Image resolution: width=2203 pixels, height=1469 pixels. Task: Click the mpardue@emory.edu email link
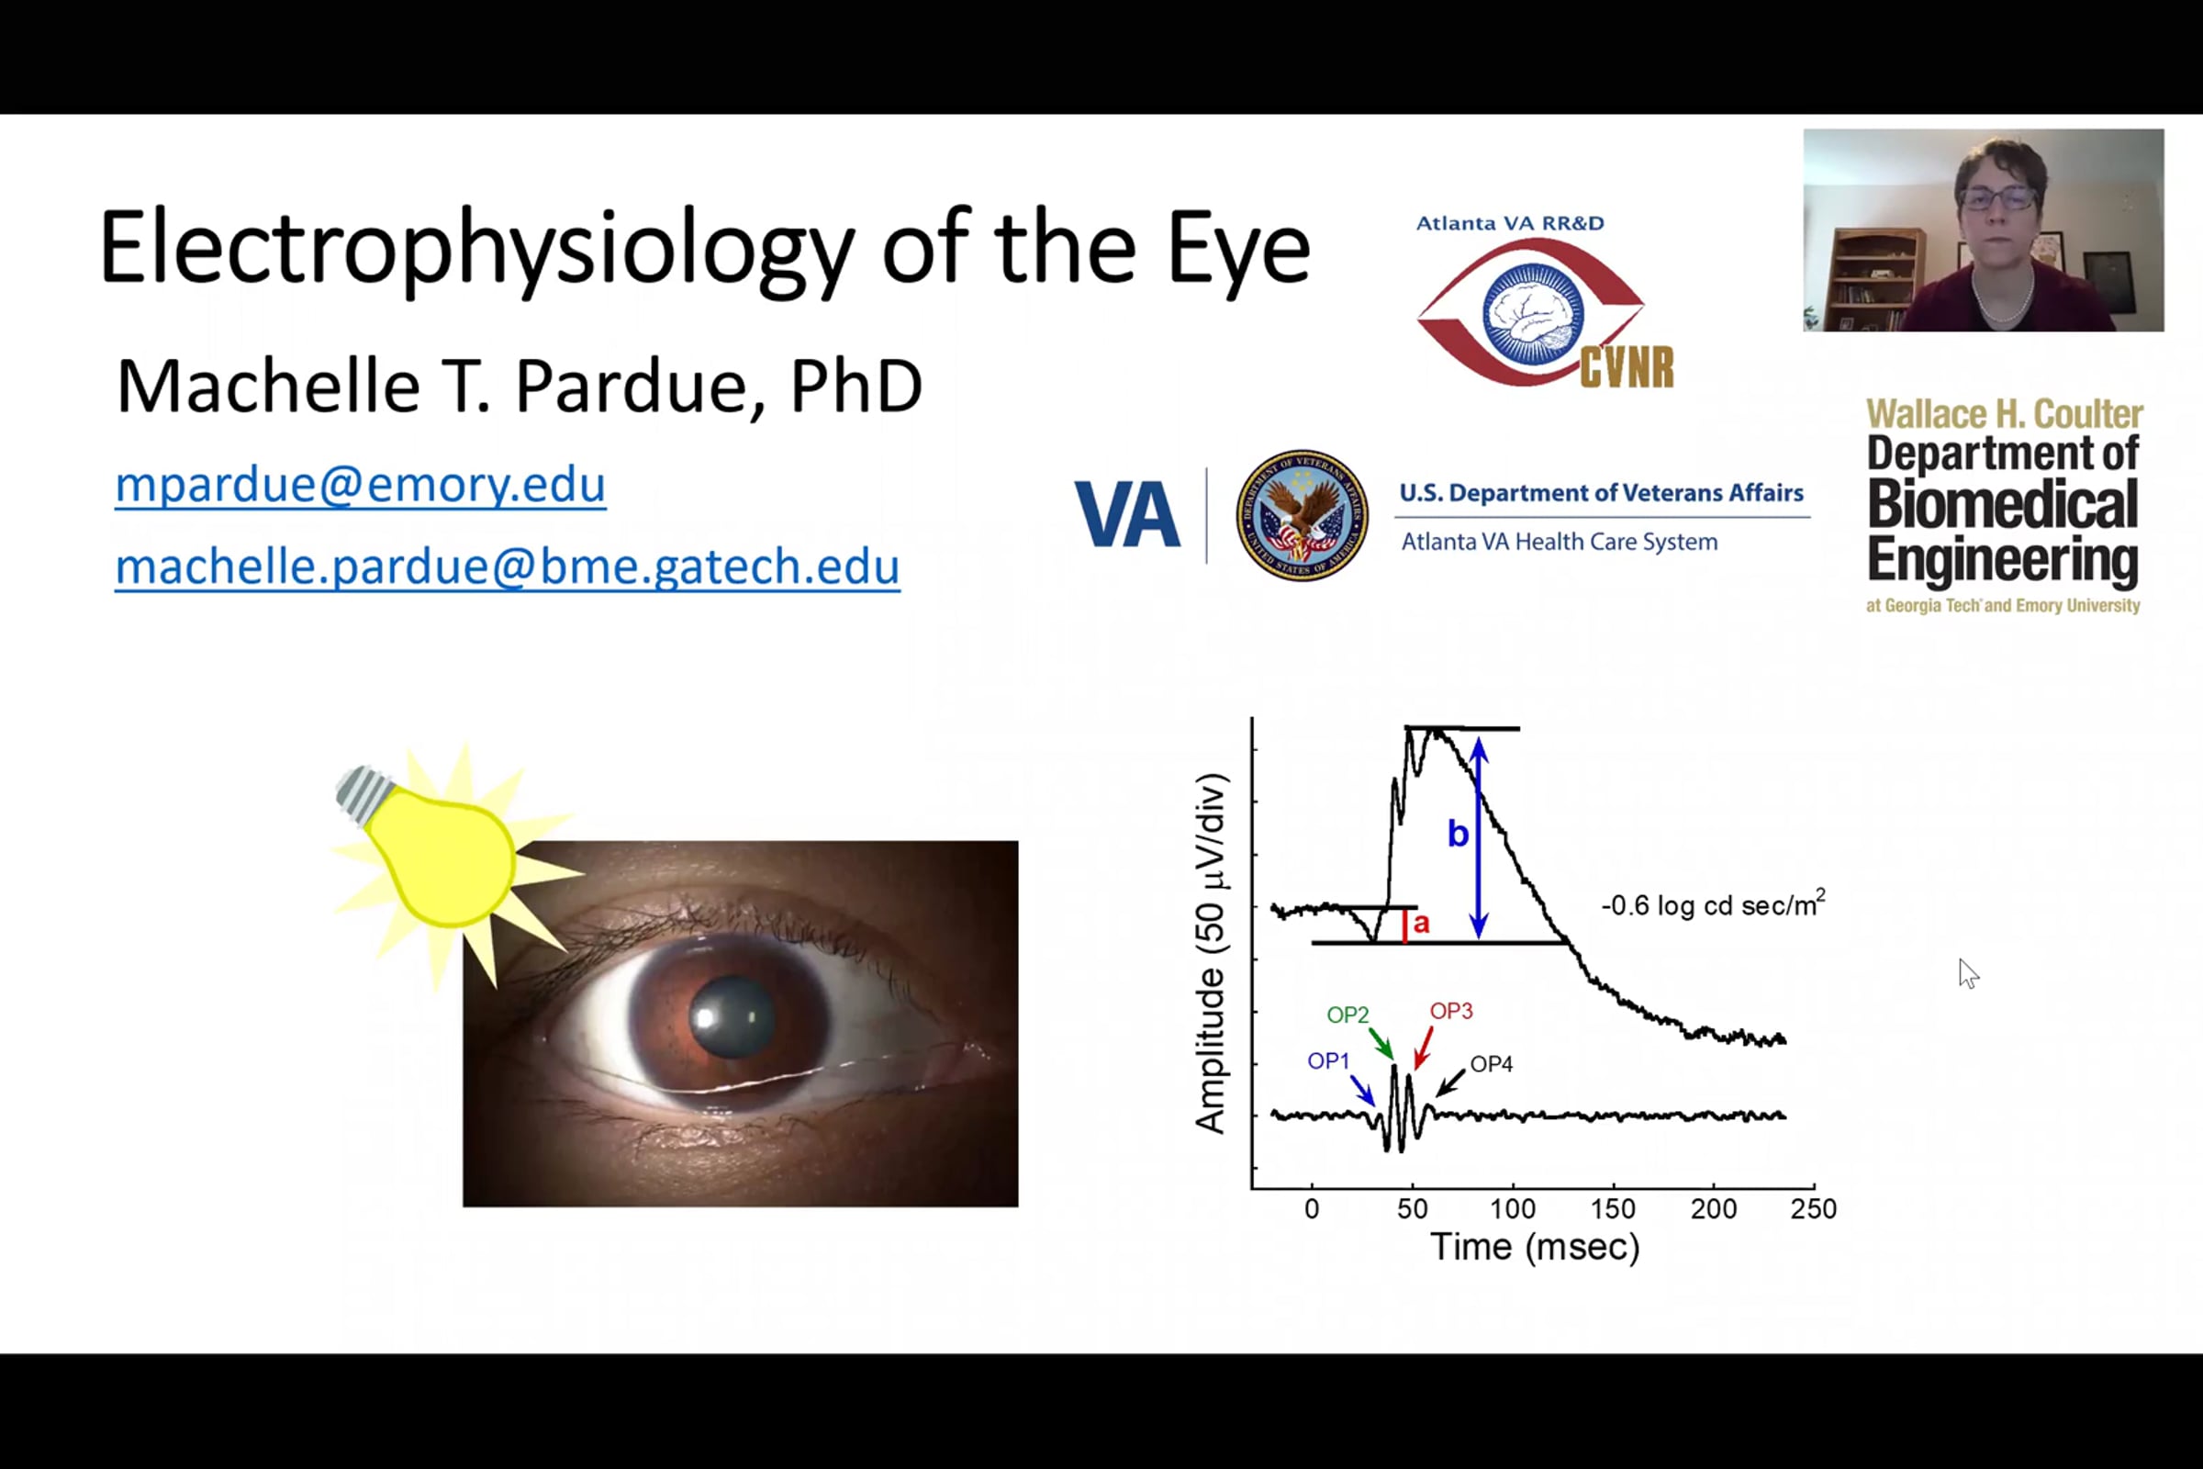click(x=361, y=485)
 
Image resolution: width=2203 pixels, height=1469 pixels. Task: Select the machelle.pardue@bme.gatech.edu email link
click(x=507, y=566)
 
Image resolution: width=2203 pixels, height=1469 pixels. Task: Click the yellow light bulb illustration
click(x=439, y=852)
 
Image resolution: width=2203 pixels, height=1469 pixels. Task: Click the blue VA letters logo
click(x=1127, y=514)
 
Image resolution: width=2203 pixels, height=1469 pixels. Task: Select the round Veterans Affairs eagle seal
click(x=1301, y=514)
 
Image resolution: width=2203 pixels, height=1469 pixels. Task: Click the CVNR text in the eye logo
click(x=1627, y=367)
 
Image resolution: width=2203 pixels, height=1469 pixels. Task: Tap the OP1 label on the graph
click(x=1328, y=1060)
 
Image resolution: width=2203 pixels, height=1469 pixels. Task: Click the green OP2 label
click(x=1348, y=1015)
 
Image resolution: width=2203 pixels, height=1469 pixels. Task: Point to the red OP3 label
click(x=1451, y=1011)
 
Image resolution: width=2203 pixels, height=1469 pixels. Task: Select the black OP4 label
click(x=1491, y=1064)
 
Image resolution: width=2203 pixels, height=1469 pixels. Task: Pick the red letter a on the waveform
click(x=1421, y=924)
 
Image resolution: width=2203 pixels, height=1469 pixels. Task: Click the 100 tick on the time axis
click(x=1513, y=1208)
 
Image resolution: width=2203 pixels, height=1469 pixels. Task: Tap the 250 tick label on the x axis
click(x=1814, y=1208)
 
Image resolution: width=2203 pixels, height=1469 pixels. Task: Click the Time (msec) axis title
click(x=1535, y=1248)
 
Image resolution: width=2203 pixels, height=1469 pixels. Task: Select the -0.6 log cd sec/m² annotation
click(x=1713, y=904)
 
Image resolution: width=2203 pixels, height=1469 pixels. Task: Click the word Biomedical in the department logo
click(x=2003, y=505)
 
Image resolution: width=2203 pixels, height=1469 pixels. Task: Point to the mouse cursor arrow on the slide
click(x=1968, y=973)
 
